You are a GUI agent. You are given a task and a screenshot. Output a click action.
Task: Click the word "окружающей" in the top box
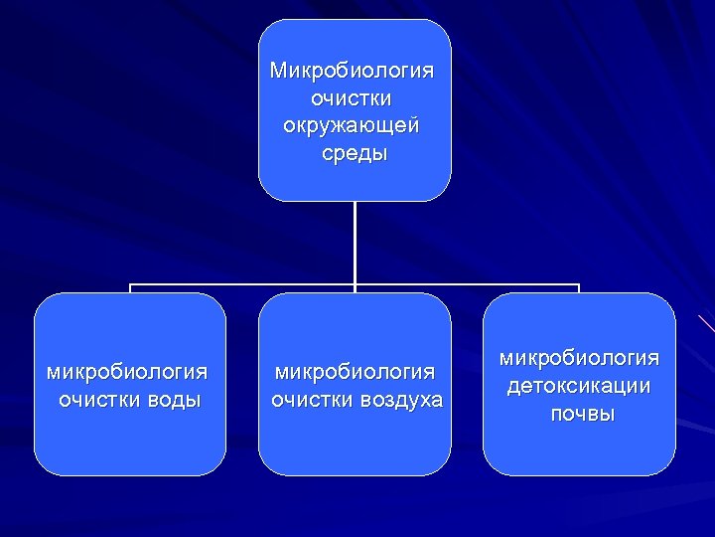[x=354, y=127]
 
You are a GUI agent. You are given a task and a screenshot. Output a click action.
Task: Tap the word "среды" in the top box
[x=355, y=154]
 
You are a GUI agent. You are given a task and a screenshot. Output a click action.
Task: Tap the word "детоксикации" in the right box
[x=579, y=385]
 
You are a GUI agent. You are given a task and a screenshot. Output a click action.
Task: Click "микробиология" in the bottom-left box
[x=128, y=372]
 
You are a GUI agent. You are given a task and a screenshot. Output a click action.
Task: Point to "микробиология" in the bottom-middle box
[x=355, y=372]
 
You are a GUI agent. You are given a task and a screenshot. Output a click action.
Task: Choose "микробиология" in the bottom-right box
[x=579, y=357]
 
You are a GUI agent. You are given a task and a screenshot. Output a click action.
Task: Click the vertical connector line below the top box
[x=355, y=244]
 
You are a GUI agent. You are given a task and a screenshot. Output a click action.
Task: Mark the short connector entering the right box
[x=579, y=289]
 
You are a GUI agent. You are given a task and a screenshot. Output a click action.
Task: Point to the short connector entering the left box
[x=130, y=289]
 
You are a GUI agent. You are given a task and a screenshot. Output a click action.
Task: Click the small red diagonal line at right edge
[x=706, y=322]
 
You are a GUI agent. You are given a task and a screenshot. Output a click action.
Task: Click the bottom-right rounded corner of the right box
[x=667, y=466]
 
